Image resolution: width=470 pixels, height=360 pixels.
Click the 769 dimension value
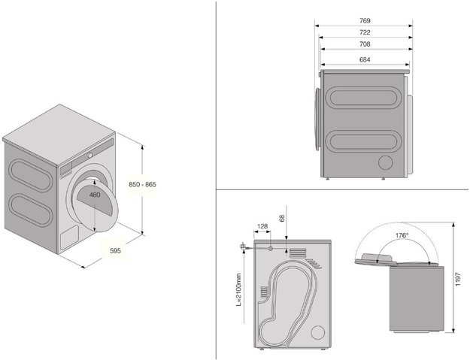[x=365, y=20]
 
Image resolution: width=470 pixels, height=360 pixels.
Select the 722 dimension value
[x=365, y=32]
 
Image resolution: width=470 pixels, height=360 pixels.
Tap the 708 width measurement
[x=365, y=44]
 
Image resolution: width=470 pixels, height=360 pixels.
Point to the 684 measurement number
[x=365, y=59]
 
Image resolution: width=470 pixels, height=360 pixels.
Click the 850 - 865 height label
[x=142, y=184]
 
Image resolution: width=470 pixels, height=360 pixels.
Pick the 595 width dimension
[x=115, y=251]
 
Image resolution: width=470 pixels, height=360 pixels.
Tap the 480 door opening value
[x=95, y=195]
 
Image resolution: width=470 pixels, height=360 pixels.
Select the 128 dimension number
[x=262, y=226]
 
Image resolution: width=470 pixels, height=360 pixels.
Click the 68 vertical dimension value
[x=282, y=218]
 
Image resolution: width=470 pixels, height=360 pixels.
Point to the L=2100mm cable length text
[x=239, y=289]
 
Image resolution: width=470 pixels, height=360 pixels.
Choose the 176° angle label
[x=402, y=235]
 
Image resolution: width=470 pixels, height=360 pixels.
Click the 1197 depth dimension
[x=458, y=279]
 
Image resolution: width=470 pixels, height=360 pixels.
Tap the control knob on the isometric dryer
[x=89, y=155]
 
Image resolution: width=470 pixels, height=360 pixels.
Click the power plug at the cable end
[x=242, y=247]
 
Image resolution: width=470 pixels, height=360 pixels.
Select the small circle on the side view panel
[x=386, y=162]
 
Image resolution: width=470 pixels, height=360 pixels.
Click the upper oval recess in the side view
[x=362, y=98]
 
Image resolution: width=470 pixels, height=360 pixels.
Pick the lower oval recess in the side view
[x=362, y=141]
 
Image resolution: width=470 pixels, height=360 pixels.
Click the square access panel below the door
[x=69, y=237]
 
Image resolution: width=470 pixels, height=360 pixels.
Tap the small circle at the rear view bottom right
[x=318, y=333]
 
